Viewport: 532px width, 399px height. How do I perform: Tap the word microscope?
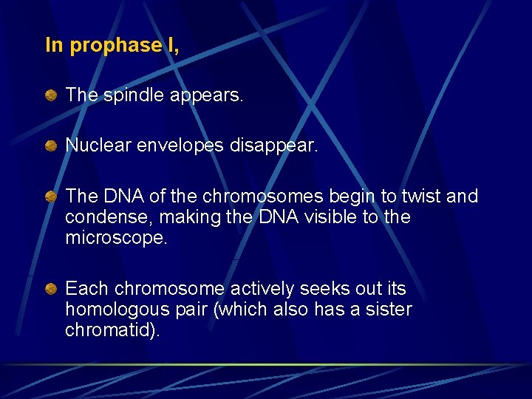click(112, 238)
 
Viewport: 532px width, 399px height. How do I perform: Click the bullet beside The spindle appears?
click(50, 95)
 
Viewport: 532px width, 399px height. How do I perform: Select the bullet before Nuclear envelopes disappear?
click(50, 146)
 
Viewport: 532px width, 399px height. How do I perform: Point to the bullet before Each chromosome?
click(50, 289)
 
